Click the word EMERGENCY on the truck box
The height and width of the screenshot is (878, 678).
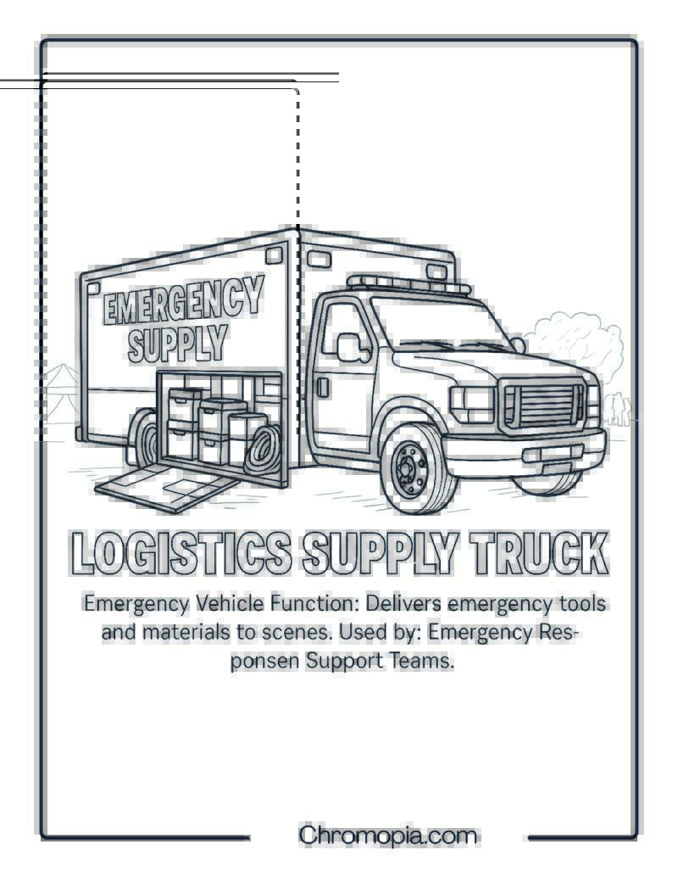183,300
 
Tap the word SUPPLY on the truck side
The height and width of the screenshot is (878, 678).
178,343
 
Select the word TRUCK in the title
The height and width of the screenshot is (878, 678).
539,552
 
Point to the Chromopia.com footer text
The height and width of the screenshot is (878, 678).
387,836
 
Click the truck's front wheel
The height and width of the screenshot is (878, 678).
414,468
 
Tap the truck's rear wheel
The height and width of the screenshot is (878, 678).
143,439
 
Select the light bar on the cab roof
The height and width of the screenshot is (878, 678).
408,284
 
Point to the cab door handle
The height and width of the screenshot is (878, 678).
323,388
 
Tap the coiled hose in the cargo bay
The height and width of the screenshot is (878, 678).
263,449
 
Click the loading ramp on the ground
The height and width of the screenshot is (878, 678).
168,486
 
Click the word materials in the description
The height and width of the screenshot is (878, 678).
186,632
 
